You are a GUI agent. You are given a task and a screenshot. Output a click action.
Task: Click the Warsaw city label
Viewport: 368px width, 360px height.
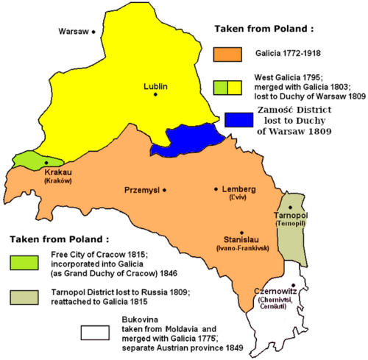point(73,32)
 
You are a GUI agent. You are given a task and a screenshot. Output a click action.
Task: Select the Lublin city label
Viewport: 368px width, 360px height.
point(156,86)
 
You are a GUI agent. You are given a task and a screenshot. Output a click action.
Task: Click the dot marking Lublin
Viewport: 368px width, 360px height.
point(155,96)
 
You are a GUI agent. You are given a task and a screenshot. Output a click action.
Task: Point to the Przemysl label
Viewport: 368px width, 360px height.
point(143,190)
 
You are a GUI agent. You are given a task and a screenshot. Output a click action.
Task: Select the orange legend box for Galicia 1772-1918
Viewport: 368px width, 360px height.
point(227,54)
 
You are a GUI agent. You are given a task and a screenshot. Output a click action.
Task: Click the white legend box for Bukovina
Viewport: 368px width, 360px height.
point(96,329)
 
